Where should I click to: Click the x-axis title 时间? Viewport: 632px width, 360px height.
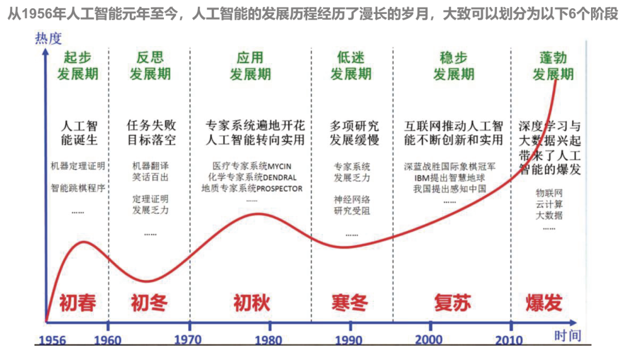click(x=567, y=335)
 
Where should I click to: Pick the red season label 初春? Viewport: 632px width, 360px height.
click(x=77, y=303)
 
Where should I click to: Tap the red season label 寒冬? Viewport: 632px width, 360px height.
click(x=349, y=303)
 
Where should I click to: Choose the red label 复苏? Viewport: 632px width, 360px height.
click(x=452, y=303)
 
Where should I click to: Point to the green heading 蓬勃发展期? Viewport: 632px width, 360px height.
click(x=552, y=66)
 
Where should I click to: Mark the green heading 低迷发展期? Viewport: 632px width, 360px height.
click(x=351, y=66)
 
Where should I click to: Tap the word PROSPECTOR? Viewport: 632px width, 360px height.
click(x=280, y=188)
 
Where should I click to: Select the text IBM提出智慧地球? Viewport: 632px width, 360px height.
click(x=454, y=177)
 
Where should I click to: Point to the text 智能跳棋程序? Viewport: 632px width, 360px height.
click(x=78, y=188)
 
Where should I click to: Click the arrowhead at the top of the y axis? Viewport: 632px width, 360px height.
click(x=45, y=52)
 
